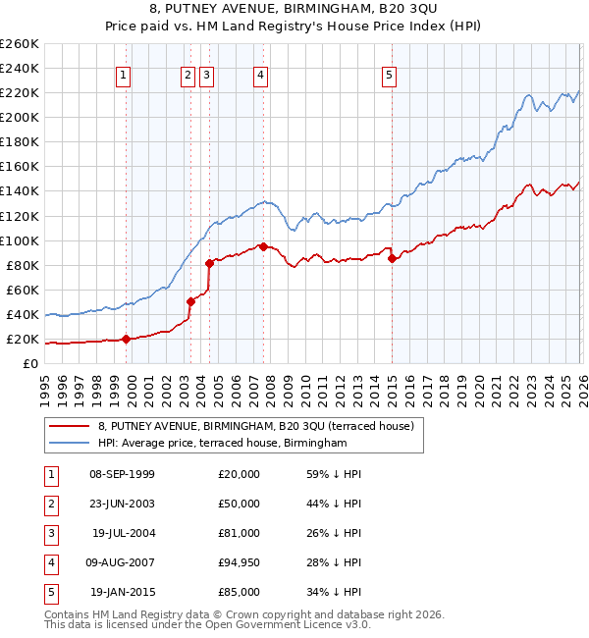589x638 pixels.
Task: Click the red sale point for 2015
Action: pyautogui.click(x=392, y=259)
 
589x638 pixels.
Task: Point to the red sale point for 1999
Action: pyautogui.click(x=126, y=340)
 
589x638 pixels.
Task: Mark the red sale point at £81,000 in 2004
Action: pyautogui.click(x=209, y=263)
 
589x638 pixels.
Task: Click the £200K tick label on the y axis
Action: pyautogui.click(x=19, y=117)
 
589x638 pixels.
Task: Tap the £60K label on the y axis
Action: pyautogui.click(x=23, y=290)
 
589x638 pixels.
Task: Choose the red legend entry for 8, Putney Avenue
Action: pyautogui.click(x=256, y=426)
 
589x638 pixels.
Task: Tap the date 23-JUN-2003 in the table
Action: pyautogui.click(x=122, y=504)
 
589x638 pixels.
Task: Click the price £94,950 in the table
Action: pyautogui.click(x=240, y=562)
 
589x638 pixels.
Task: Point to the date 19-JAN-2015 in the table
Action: pyautogui.click(x=123, y=592)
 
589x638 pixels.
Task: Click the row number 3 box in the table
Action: pyautogui.click(x=49, y=533)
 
